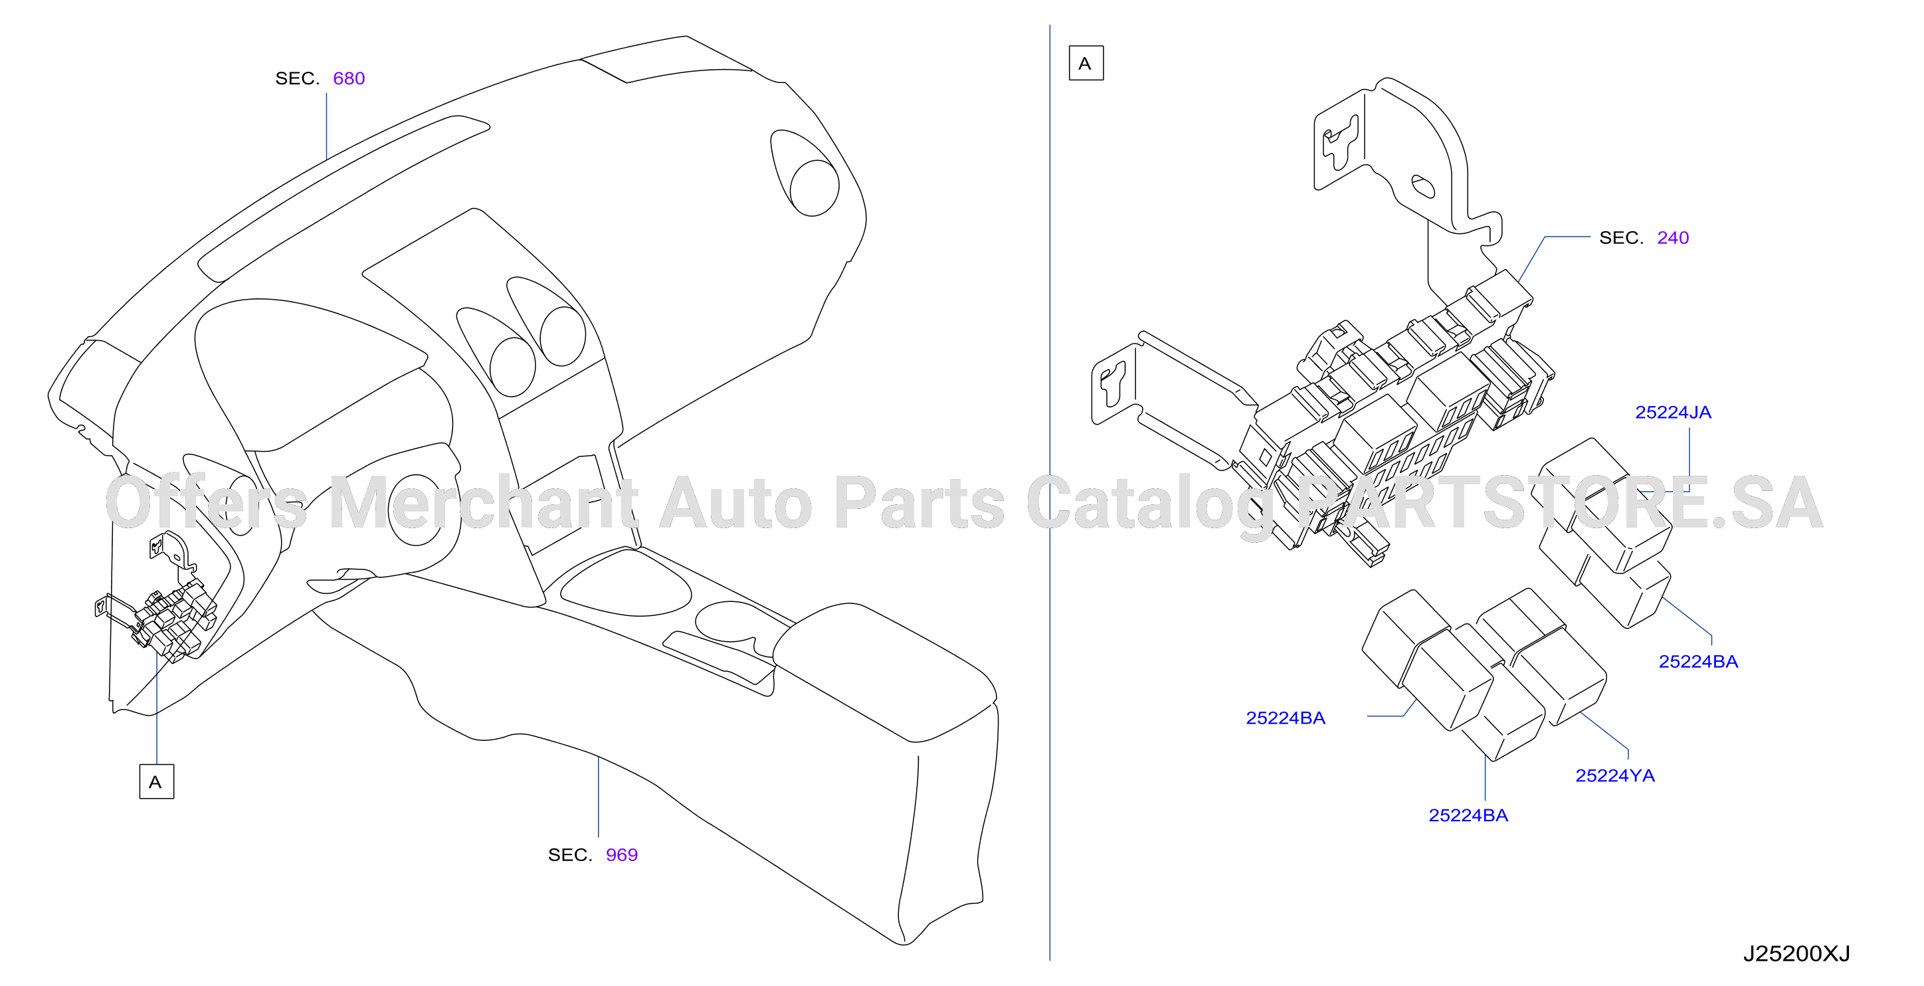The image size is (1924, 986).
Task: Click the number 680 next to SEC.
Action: [349, 78]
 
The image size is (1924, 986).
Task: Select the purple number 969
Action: [621, 854]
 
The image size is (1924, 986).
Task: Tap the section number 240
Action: [1672, 238]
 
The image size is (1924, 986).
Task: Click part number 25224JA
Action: [1673, 413]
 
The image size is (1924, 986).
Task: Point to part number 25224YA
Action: [1615, 775]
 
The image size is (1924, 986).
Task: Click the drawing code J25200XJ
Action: [1796, 954]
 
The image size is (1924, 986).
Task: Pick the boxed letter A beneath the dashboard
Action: [156, 781]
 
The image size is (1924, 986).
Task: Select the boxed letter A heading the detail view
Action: [1086, 62]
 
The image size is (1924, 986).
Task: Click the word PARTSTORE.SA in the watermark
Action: [1561, 503]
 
